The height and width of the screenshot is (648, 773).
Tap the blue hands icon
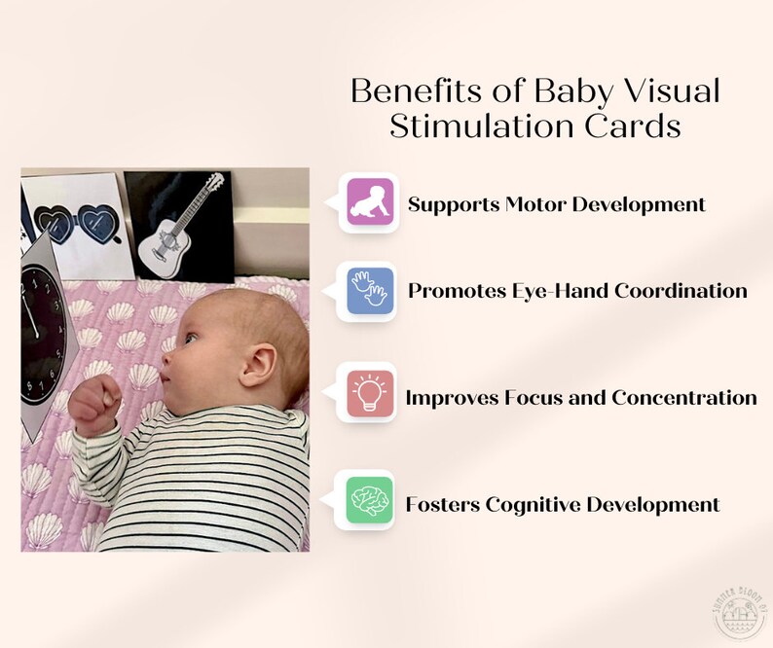(370, 290)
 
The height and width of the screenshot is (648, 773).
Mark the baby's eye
(188, 338)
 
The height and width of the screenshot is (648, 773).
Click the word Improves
(449, 397)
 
